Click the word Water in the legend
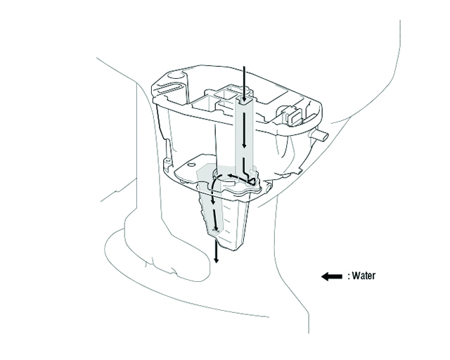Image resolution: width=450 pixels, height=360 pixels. (364, 276)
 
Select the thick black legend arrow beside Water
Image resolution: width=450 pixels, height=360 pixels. (331, 276)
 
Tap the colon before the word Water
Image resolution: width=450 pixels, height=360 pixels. (349, 277)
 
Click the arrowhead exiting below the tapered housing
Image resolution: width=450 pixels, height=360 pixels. (217, 259)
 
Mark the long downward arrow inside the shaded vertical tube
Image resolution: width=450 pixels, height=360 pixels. (244, 130)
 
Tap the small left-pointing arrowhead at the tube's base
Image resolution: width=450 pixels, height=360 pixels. (230, 175)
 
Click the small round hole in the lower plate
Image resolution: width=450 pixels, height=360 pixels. (191, 165)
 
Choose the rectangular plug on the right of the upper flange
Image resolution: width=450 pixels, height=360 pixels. (293, 115)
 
